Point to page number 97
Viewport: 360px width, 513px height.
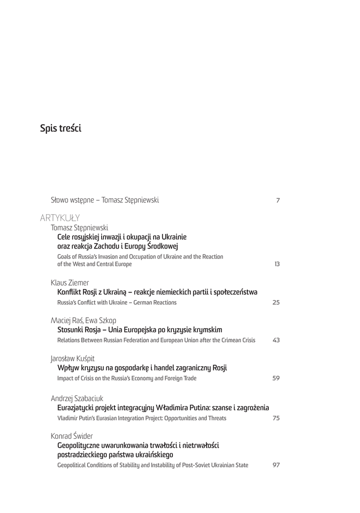pos(276,479)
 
